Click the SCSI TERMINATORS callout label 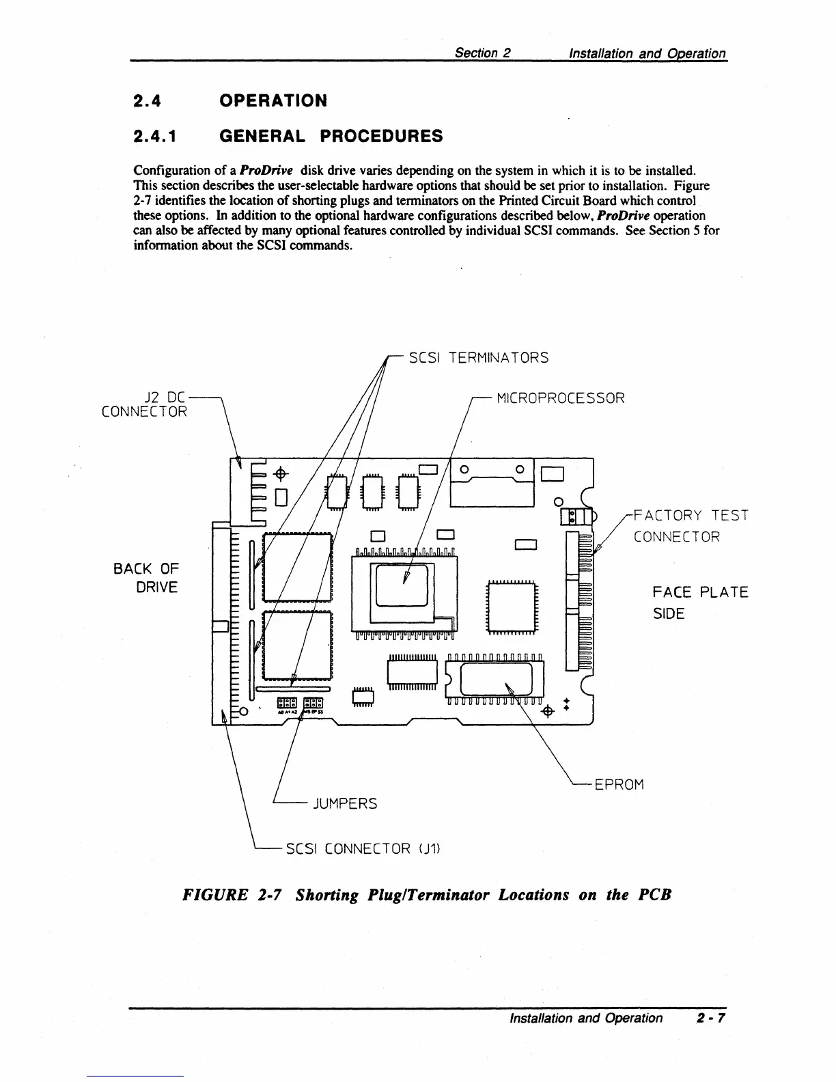(x=478, y=358)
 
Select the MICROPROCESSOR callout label (x=560, y=398)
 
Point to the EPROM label (x=619, y=784)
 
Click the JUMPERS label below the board (x=344, y=803)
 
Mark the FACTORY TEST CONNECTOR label (x=690, y=525)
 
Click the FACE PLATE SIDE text (x=699, y=602)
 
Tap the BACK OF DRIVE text (x=146, y=578)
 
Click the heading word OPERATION (x=273, y=101)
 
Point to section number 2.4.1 (x=156, y=137)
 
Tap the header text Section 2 (x=484, y=53)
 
